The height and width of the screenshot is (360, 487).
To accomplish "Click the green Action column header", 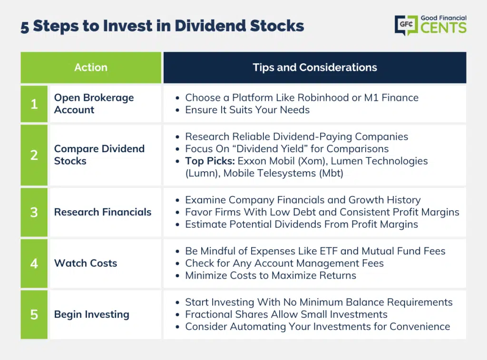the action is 91,68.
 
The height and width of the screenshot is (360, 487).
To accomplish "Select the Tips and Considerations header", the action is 315,68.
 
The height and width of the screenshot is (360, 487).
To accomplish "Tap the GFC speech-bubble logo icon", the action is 406,25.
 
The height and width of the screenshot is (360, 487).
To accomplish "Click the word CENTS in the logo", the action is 444,28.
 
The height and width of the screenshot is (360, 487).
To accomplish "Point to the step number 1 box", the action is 34,104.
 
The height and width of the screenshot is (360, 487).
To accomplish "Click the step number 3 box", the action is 34,212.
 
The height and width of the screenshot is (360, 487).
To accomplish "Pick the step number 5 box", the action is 34,314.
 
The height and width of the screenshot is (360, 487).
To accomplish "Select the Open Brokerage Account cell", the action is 106,104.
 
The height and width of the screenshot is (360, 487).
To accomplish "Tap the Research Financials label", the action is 103,212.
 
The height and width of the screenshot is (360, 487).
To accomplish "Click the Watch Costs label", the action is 86,263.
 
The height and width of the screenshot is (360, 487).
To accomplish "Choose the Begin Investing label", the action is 92,315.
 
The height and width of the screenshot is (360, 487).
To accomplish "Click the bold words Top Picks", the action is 210,161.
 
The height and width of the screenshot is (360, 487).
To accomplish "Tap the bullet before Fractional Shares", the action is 177,315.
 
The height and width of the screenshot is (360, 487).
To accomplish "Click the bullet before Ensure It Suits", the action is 177,110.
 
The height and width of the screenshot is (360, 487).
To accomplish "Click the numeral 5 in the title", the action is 25,27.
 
